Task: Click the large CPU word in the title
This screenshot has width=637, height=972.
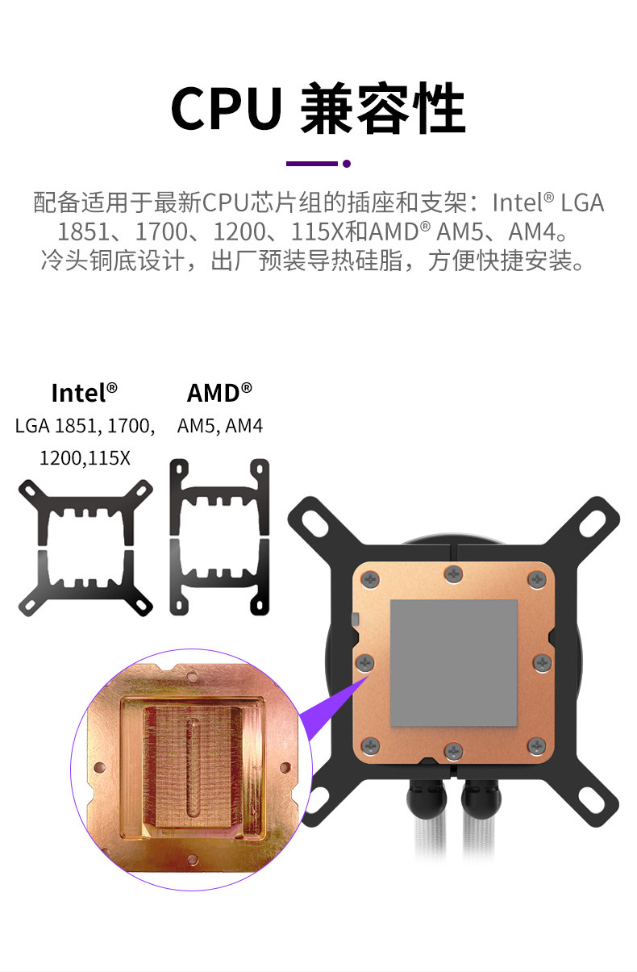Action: [227, 109]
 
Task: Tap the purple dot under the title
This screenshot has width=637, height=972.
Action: [347, 164]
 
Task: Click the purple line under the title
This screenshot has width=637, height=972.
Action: [311, 164]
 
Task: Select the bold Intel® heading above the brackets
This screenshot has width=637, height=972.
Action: [84, 393]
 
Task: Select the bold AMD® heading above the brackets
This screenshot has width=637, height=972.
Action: [219, 393]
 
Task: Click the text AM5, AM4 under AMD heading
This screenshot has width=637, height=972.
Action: [220, 426]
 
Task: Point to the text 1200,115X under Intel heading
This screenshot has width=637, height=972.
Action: [85, 458]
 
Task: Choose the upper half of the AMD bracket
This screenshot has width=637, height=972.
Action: [219, 496]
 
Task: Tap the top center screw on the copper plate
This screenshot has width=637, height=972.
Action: [453, 574]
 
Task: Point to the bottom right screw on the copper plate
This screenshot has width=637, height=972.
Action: [536, 745]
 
